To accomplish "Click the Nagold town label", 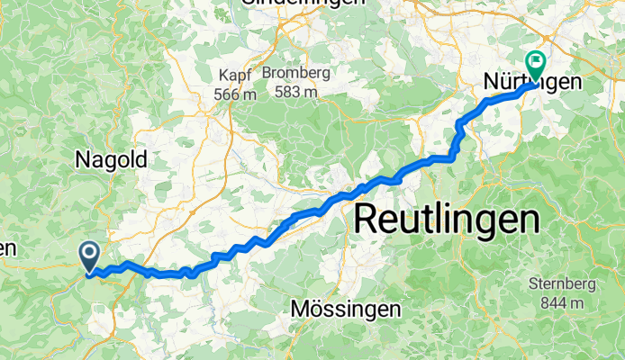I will coord(111,159).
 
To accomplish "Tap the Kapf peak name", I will coord(237,76).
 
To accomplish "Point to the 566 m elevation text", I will coord(237,94).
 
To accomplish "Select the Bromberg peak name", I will coord(296,73).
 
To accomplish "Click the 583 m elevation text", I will coord(296,91).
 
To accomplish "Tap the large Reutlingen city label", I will coord(447,219).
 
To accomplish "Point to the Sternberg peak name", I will coord(563,285).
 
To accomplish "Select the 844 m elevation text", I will coord(563,303).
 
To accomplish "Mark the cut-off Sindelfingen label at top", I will coord(303,3).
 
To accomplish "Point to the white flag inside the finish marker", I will coord(538,62).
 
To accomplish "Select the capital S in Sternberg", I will coord(533,285).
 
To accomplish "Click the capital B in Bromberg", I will coord(267,73).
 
